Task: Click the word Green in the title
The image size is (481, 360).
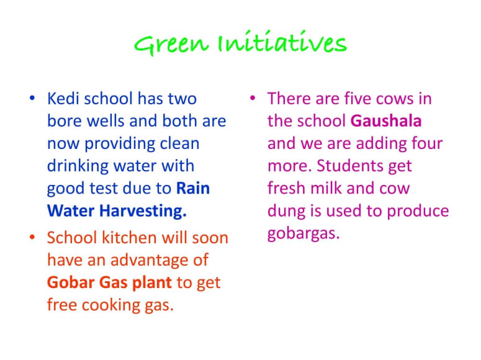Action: point(171,45)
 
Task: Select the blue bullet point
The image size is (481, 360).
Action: point(32,98)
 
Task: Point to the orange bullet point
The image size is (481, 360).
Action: point(32,237)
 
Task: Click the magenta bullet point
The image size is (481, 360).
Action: point(253,98)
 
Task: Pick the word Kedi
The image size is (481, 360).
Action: point(63,99)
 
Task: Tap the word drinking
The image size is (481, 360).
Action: point(78,166)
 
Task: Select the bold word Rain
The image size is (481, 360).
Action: point(193,188)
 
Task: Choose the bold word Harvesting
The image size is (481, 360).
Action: point(143,212)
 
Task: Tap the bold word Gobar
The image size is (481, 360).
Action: point(71,282)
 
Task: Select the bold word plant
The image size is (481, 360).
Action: point(152,283)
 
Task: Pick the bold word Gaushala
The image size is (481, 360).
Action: point(386,121)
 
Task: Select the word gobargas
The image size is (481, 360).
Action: point(303,234)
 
